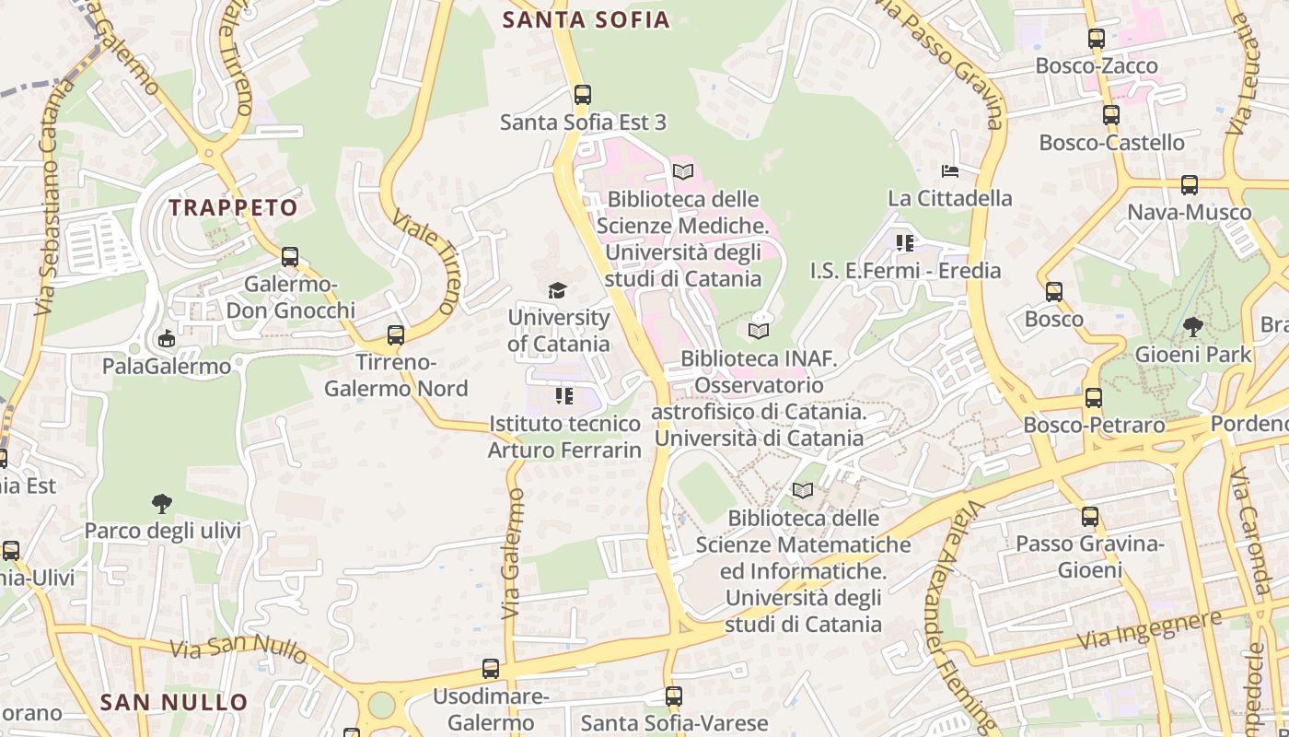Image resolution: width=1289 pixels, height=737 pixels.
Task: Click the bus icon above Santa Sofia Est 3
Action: [582, 94]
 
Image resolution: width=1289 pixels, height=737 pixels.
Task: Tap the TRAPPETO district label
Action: [234, 207]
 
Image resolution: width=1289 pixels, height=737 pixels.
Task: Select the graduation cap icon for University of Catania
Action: [557, 291]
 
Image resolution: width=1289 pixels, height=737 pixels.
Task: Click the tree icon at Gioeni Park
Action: [1193, 326]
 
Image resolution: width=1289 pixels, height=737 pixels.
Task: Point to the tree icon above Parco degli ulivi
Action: [162, 503]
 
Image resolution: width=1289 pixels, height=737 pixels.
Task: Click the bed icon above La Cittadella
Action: [950, 170]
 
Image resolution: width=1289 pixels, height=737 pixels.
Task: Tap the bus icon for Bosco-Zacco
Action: [1096, 39]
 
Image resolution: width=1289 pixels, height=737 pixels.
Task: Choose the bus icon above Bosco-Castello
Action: [1111, 115]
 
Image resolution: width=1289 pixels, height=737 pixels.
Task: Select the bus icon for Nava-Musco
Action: [1190, 185]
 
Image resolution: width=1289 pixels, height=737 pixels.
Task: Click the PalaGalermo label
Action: [167, 367]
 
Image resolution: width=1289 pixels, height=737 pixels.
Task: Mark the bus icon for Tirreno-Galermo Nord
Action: [396, 335]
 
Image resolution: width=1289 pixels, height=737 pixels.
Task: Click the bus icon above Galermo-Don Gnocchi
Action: [290, 257]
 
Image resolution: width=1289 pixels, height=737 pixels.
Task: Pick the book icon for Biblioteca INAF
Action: [759, 331]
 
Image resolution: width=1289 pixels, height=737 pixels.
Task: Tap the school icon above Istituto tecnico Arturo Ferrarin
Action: [564, 396]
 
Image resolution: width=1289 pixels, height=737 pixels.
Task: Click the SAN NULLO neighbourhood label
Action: [174, 702]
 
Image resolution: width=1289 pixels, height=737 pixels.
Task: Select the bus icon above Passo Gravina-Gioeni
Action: [1090, 517]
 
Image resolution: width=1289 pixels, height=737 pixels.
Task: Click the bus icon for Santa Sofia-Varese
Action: [674, 696]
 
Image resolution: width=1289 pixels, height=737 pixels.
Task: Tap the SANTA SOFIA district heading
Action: [586, 19]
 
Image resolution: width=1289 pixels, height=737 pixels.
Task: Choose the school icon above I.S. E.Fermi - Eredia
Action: [905, 243]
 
